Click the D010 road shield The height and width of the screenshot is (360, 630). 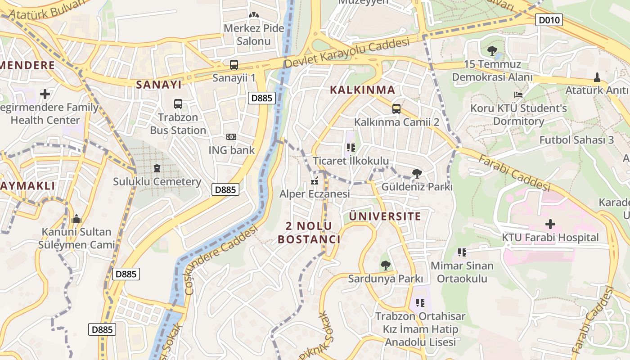tap(549, 20)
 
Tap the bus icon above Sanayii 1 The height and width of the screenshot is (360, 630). tap(234, 64)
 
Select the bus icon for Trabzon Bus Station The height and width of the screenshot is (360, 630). tap(178, 104)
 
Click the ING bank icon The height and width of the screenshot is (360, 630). tap(231, 137)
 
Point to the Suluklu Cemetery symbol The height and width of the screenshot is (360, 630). tap(157, 168)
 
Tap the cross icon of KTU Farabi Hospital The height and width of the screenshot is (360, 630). tap(550, 224)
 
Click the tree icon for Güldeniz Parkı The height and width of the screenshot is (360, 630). tap(417, 173)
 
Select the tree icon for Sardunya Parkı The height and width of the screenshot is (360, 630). tap(385, 265)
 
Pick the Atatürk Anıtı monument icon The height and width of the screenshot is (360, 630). tap(597, 77)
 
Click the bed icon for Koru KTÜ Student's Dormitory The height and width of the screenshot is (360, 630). tap(518, 95)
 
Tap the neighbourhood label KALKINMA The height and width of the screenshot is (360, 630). tap(362, 90)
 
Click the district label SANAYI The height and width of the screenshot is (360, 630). tap(159, 84)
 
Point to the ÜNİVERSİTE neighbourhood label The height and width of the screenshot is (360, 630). tap(385, 216)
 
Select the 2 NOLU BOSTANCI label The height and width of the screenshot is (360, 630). tap(309, 233)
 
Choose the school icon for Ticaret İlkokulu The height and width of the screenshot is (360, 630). tap(351, 147)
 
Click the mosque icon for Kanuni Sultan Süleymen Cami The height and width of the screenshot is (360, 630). tap(76, 219)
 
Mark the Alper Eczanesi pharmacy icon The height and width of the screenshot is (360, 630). tap(315, 181)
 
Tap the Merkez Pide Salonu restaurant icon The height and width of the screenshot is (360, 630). tap(254, 15)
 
